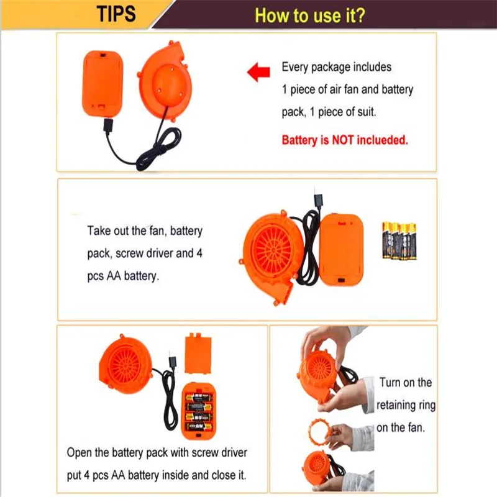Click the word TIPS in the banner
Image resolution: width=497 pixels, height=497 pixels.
pos(116,14)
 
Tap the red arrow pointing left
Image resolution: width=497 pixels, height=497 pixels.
pos(258,72)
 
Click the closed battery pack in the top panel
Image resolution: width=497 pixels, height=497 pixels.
pos(103,83)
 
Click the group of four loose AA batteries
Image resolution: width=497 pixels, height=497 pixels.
pos(399,240)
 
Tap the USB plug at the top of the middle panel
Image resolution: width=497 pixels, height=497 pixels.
pos(317,200)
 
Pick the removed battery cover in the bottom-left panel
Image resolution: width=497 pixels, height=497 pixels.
pos(198,353)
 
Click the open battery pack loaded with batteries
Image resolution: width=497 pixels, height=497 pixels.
pos(198,411)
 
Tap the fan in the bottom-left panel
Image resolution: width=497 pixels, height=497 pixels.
pos(126,363)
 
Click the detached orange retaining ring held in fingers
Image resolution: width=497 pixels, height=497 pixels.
pos(320,432)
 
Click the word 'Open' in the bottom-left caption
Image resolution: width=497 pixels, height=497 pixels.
pos(79,453)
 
